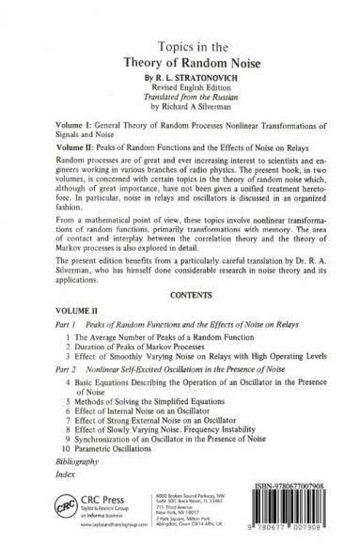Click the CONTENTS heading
(x=180, y=293)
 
